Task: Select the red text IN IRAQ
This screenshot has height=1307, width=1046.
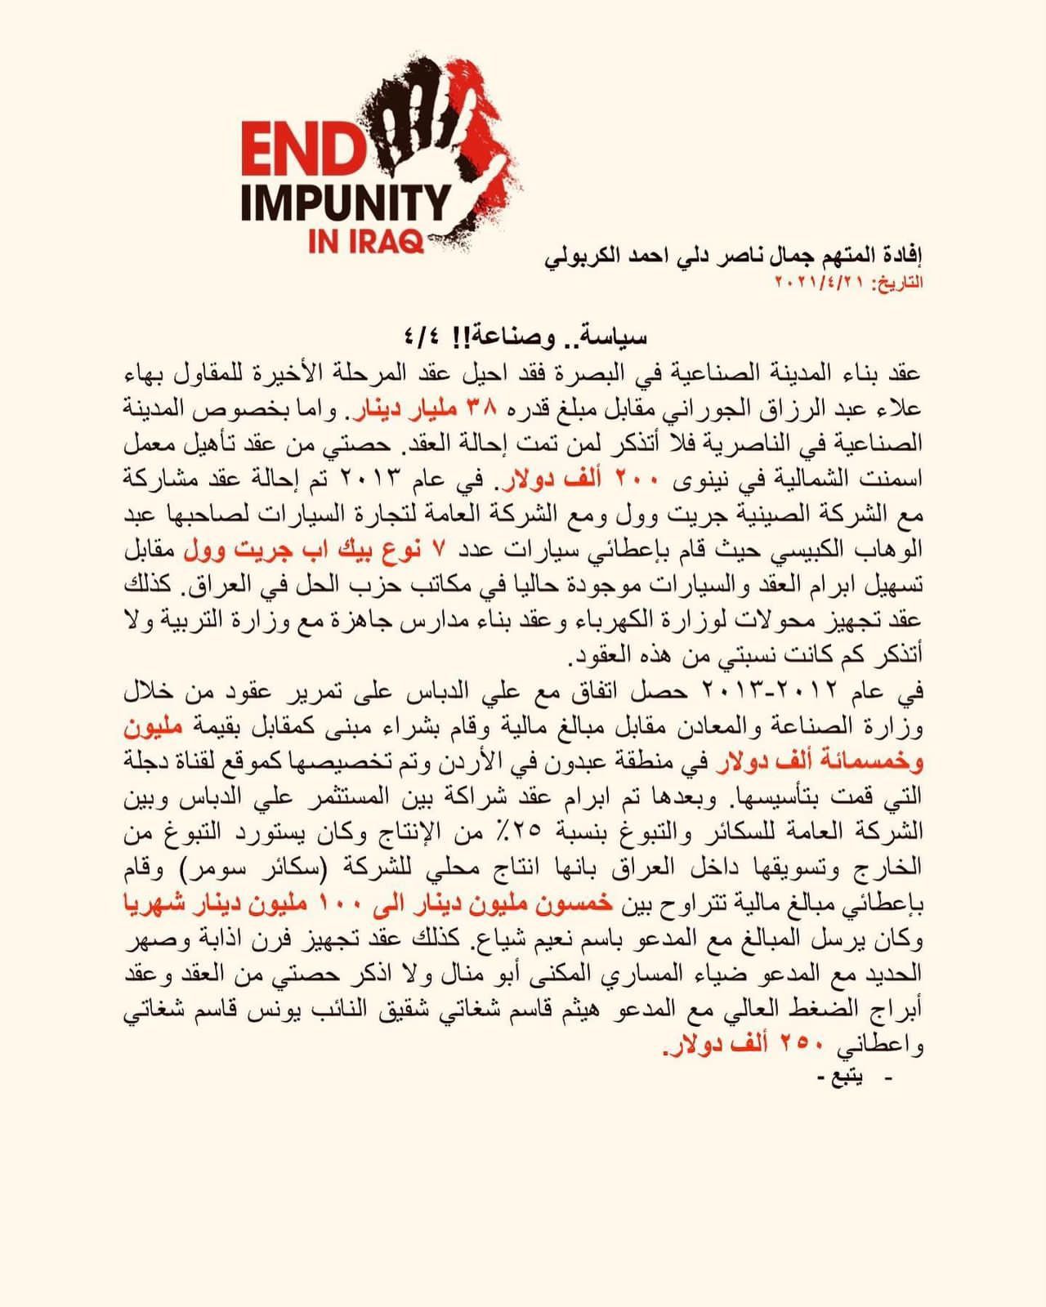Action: [365, 241]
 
